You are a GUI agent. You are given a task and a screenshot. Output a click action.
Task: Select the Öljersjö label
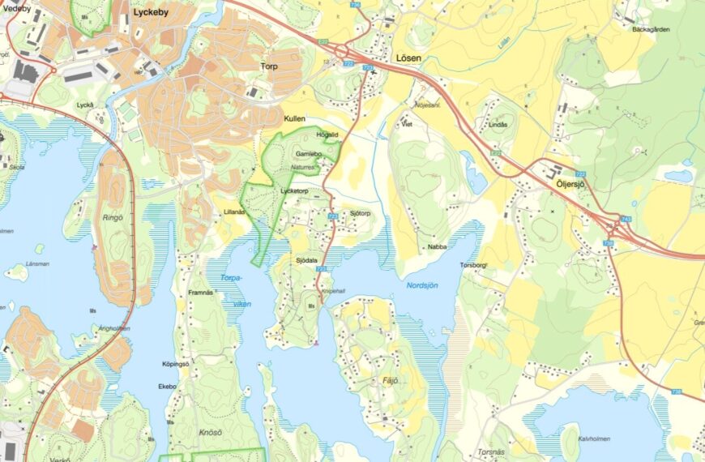[570, 184]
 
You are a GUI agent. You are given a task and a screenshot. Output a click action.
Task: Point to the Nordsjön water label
[421, 285]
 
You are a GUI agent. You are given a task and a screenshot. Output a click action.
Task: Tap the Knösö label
[210, 433]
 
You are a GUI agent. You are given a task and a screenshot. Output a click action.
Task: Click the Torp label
[269, 66]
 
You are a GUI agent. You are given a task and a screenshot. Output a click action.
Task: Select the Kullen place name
[294, 118]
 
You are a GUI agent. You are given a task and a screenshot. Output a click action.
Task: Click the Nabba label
[437, 246]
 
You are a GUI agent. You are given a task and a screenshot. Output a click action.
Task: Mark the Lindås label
[498, 125]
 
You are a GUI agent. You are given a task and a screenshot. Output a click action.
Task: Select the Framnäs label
[200, 291]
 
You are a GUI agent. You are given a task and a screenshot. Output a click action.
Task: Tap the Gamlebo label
[309, 153]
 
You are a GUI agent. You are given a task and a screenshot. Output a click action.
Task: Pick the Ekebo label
[167, 387]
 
